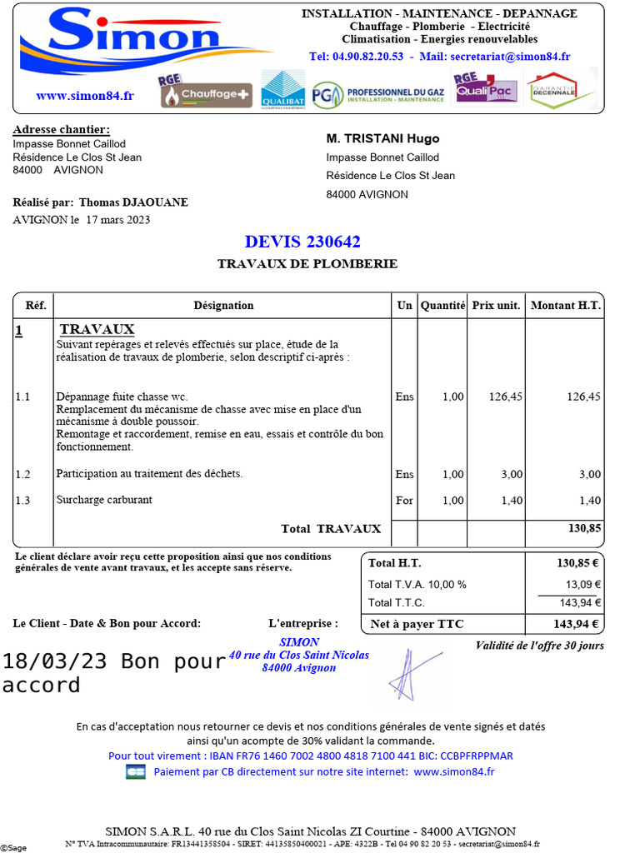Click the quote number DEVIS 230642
point(302,242)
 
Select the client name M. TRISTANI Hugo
point(382,138)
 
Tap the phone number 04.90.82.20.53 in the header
point(356,57)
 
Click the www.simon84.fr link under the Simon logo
point(85,96)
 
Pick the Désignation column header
point(223,306)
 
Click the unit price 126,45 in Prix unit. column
point(506,397)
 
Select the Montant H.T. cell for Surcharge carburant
point(589,500)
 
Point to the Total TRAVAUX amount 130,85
point(584,529)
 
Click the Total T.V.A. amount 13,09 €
point(583,584)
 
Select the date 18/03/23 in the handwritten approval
point(55,662)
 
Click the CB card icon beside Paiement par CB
point(135,772)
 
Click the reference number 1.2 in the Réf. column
point(22,474)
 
